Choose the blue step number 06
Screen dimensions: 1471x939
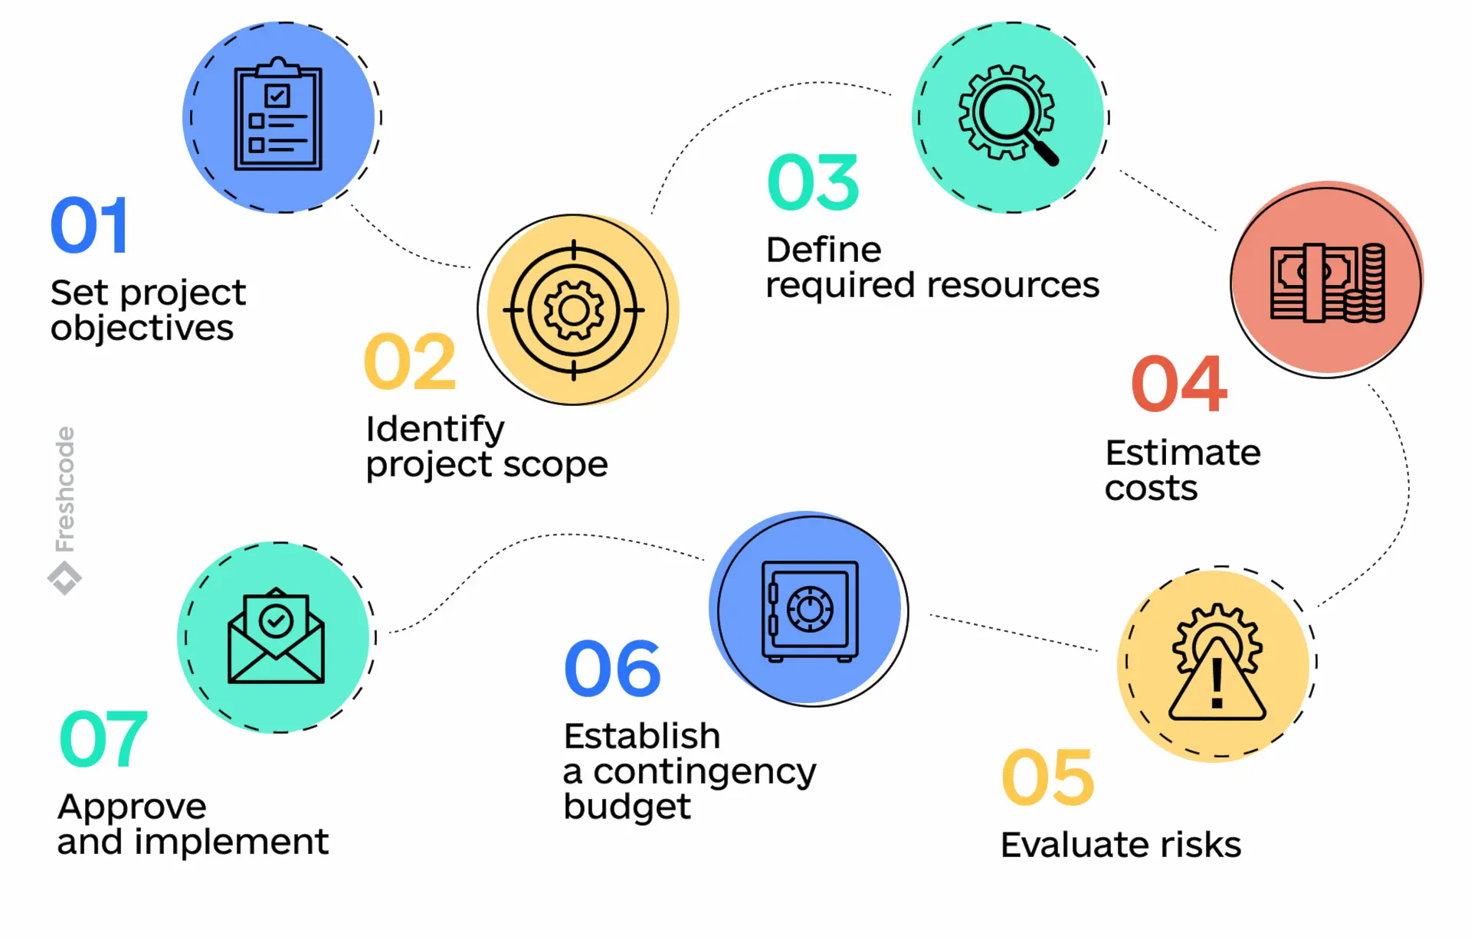click(612, 669)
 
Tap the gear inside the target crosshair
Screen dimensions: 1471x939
click(574, 310)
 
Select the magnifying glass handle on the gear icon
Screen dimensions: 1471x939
click(1043, 149)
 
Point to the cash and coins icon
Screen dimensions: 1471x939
click(1327, 283)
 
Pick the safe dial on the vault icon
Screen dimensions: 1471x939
click(810, 610)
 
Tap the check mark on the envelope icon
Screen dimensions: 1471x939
click(276, 620)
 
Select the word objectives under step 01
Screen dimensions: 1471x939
click(142, 329)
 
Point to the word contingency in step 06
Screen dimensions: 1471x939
click(704, 772)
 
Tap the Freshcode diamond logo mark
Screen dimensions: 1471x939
click(65, 578)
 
